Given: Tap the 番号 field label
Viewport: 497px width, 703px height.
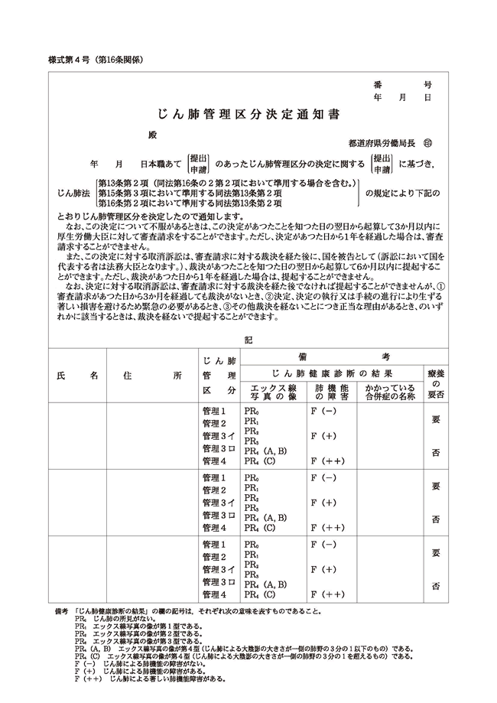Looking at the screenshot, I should pos(402,86).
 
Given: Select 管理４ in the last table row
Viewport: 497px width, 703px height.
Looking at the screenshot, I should pos(214,594).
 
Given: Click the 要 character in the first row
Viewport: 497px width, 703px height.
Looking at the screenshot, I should pos(436,420).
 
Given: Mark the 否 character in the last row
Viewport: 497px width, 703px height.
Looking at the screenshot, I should pos(436,586).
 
